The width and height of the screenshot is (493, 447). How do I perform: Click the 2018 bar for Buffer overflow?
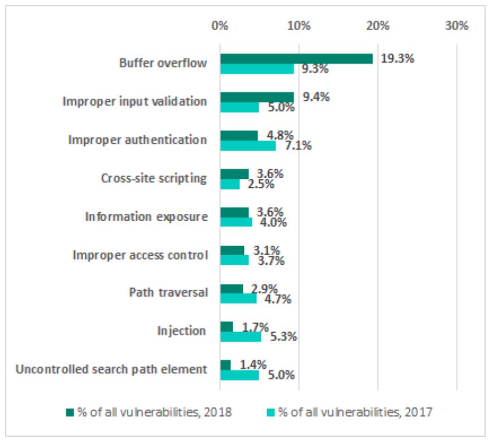296,58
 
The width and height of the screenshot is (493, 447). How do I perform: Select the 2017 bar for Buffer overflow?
257,69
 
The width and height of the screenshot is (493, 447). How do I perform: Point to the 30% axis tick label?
456,26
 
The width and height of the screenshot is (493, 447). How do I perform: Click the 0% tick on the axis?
220,26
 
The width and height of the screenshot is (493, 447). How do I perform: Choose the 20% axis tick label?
378,26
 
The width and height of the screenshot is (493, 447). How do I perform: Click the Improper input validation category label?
135,102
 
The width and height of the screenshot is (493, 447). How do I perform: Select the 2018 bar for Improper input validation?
257,97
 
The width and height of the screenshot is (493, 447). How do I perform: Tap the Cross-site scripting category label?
154,178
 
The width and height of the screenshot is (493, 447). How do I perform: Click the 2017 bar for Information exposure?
236,222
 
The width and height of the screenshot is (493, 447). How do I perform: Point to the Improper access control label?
140,255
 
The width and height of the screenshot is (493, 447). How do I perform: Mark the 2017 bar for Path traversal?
238,299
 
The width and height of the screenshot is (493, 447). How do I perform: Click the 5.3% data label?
282,337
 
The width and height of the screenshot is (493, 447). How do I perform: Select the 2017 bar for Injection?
241,337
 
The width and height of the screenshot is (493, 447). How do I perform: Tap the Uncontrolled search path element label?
112,369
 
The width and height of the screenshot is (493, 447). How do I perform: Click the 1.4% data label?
252,364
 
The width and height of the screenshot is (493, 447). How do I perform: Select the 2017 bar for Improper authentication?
248,145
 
